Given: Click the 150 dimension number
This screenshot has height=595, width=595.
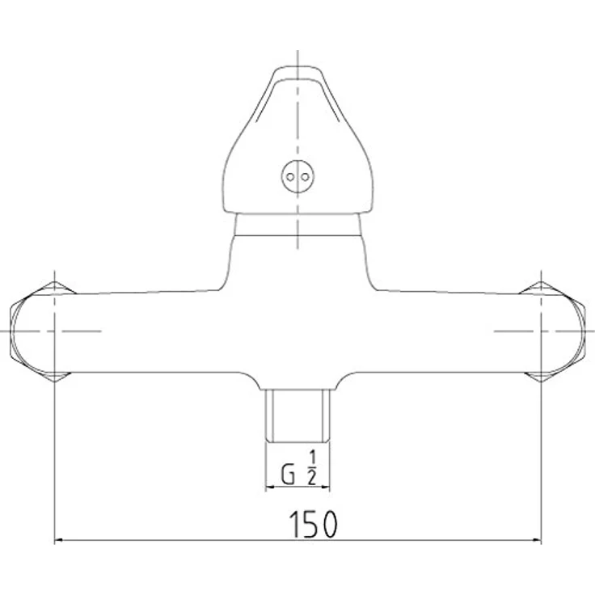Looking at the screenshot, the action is (x=313, y=524).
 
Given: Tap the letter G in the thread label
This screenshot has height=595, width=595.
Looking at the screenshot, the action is (x=288, y=475).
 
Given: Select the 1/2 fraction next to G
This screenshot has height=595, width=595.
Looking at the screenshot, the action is (x=311, y=468).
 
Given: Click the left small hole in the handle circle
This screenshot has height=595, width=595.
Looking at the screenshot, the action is (x=290, y=177).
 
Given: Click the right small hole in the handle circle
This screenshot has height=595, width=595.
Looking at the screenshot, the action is (x=305, y=177).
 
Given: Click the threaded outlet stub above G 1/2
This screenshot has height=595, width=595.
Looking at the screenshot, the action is (x=297, y=416).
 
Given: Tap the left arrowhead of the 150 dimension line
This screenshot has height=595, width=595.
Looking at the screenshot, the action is (x=59, y=540).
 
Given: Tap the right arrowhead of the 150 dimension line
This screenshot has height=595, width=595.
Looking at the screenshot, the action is (x=537, y=540).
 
